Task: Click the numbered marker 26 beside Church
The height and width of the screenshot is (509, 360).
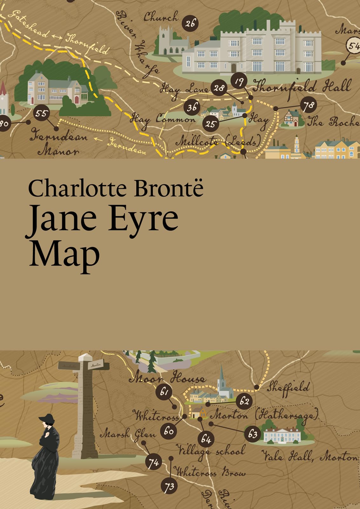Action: point(190,23)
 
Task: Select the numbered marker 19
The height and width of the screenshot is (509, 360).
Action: point(239,81)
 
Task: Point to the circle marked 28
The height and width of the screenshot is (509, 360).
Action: point(219,88)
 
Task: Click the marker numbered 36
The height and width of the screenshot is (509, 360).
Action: point(192,107)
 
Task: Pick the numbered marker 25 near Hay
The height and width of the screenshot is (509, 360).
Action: point(210,124)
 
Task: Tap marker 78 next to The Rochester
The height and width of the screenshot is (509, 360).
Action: point(308,105)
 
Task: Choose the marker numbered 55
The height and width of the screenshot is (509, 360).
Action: point(41,113)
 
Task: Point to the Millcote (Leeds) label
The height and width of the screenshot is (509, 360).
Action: point(219,141)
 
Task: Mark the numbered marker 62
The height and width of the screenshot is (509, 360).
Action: point(244,401)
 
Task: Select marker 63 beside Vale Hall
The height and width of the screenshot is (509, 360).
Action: point(253,434)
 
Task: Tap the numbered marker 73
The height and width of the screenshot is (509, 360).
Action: point(169,486)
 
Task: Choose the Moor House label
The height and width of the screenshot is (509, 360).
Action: point(167,378)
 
